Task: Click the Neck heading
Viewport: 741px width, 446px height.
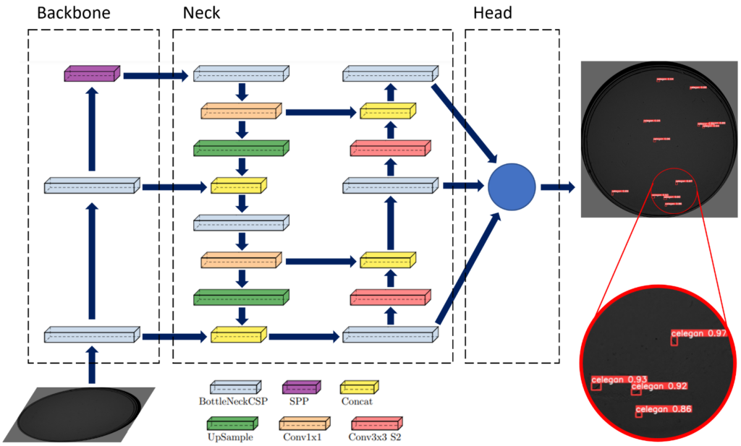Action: tap(201, 13)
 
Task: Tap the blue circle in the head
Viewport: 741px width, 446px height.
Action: tap(511, 187)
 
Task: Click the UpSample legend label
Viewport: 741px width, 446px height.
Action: tap(230, 437)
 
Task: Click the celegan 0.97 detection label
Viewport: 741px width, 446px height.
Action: tap(698, 333)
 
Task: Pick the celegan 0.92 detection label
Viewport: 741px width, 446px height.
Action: tap(659, 386)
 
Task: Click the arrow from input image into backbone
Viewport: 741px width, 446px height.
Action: tap(92, 365)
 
